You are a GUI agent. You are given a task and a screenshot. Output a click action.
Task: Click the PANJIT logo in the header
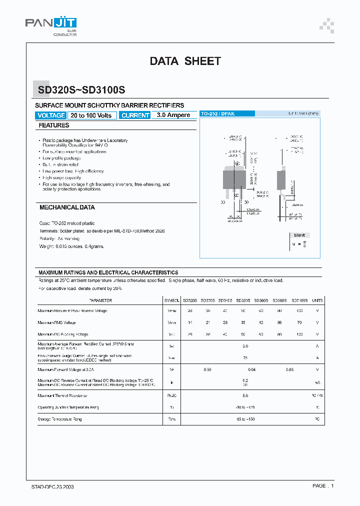[50, 23]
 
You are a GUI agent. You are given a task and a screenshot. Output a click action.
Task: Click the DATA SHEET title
[185, 61]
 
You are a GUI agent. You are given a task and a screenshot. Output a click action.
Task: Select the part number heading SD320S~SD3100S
[81, 90]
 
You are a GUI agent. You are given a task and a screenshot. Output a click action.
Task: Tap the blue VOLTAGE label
[51, 115]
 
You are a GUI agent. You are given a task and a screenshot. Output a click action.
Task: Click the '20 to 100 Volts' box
[91, 115]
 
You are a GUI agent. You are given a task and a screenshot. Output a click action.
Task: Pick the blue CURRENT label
[135, 115]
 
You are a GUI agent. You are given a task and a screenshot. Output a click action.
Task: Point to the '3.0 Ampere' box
[173, 115]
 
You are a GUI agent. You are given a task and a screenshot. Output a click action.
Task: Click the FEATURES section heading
[54, 125]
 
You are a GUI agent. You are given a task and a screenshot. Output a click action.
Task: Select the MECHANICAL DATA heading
[67, 207]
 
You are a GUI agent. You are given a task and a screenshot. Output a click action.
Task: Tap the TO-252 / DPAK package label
[217, 114]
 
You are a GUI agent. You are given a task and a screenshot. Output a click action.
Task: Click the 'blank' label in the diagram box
[299, 235]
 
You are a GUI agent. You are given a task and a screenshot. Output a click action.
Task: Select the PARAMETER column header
[100, 300]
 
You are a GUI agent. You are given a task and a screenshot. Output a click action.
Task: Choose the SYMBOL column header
[171, 300]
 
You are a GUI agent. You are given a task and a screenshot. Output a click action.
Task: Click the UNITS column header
[317, 300]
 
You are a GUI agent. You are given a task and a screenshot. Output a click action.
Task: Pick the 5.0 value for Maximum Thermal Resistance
[245, 395]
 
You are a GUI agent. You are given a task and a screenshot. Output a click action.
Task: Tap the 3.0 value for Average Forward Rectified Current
[245, 346]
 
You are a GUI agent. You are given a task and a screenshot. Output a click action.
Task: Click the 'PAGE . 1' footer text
[323, 486]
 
